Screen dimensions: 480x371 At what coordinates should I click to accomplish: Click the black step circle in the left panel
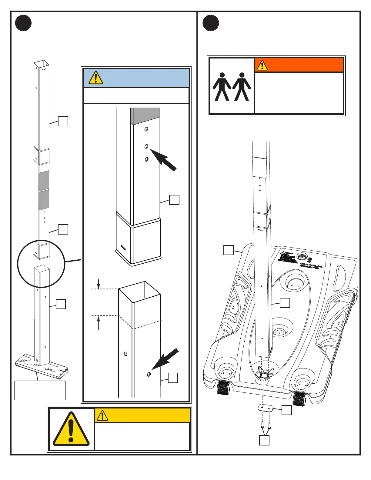[23, 23]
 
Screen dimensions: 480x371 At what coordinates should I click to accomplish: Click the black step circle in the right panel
[211, 23]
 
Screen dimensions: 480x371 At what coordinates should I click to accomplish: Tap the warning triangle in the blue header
[95, 78]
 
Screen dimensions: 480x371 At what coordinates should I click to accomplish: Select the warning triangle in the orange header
[262, 65]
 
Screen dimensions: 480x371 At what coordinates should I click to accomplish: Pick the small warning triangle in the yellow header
[102, 415]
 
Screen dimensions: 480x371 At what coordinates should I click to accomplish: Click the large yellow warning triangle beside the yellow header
[71, 429]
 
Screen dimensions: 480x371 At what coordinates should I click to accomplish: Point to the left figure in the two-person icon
[222, 87]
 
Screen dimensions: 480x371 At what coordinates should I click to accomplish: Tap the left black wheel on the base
[224, 388]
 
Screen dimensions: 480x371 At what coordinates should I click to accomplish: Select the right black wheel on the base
[299, 398]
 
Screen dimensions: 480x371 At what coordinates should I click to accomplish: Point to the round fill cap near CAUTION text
[302, 257]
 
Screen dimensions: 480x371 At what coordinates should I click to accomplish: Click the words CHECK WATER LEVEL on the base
[311, 265]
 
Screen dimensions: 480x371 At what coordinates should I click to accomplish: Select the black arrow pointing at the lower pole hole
[165, 359]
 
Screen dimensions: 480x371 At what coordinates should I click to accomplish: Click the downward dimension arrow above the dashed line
[99, 284]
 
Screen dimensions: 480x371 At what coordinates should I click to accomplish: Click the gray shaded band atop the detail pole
[145, 116]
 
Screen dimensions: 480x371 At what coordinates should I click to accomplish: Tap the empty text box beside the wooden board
[40, 390]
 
